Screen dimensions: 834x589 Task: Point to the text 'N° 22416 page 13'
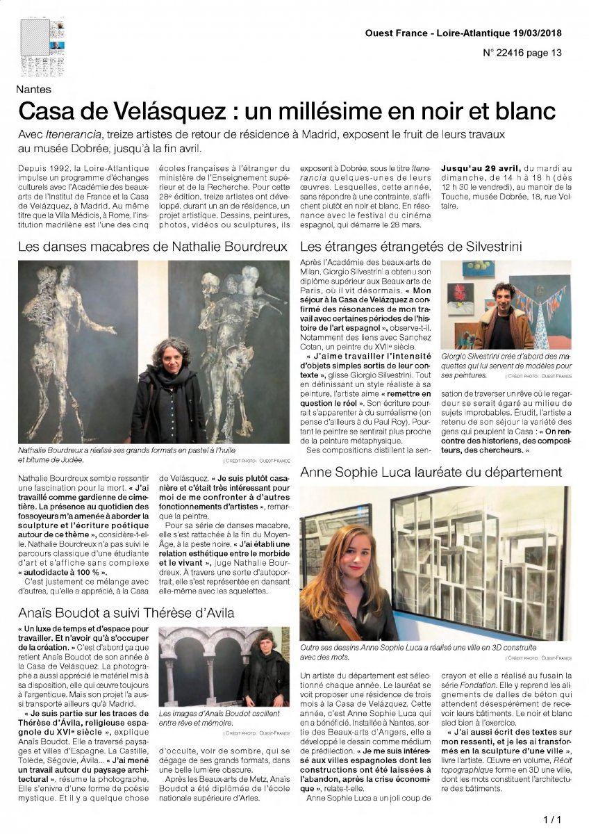[522, 53]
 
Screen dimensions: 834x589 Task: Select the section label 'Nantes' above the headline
[35, 89]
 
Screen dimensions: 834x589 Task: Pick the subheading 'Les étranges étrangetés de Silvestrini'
[410, 246]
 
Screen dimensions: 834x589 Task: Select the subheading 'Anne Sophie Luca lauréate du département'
[431, 473]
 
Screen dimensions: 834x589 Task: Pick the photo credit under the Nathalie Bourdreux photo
[256, 460]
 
